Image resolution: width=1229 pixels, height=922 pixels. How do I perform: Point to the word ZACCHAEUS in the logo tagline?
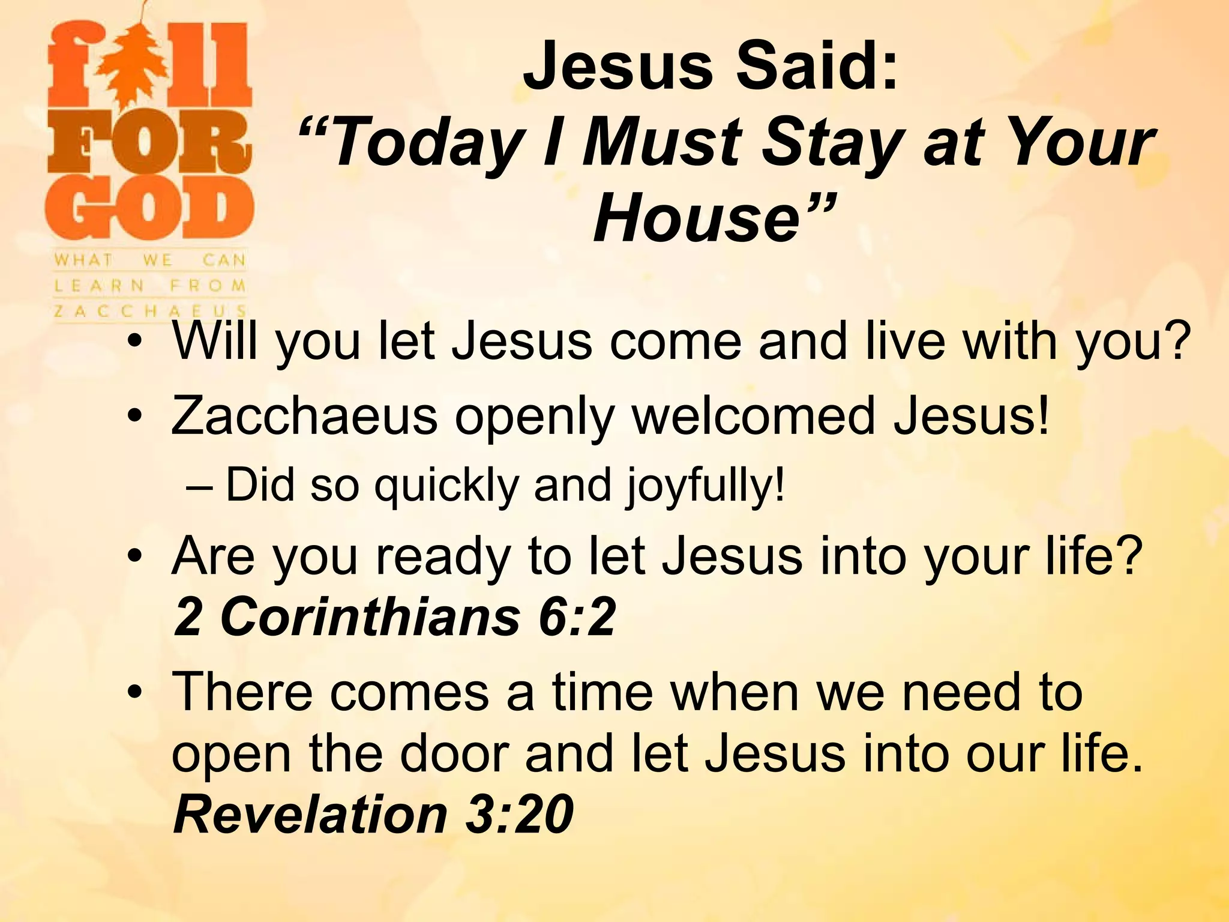pyautogui.click(x=150, y=311)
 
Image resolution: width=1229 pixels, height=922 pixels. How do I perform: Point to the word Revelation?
pyautogui.click(x=310, y=814)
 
